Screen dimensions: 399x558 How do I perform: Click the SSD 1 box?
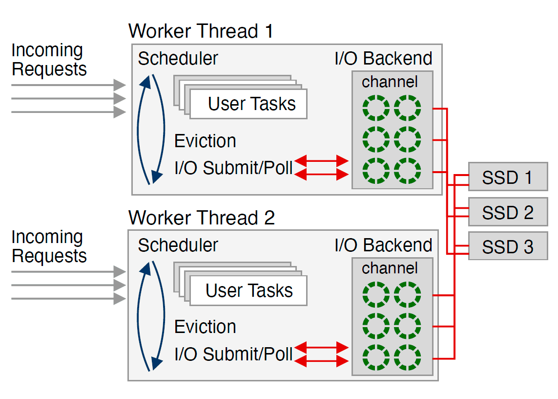pos(507,177)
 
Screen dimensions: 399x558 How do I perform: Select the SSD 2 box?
pos(507,212)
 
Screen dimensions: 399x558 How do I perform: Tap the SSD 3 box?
pos(507,247)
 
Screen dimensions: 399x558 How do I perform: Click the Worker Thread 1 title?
pos(201,31)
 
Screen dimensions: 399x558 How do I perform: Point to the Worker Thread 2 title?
pos(201,217)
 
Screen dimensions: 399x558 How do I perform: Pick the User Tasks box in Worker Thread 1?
pos(251,104)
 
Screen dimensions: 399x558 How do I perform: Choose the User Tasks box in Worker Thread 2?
pos(249,290)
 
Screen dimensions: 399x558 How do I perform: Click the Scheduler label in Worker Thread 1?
pos(178,58)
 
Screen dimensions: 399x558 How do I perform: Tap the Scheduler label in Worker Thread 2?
pos(178,245)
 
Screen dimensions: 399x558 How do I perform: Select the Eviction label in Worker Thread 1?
pos(205,141)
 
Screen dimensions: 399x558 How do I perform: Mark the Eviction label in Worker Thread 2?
pos(205,327)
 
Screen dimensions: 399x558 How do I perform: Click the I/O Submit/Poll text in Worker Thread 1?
pos(233,168)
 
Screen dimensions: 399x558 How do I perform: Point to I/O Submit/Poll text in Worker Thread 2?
pos(233,354)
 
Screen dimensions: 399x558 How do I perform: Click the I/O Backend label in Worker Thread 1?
pos(383,58)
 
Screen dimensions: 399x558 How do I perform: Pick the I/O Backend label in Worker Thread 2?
pos(383,245)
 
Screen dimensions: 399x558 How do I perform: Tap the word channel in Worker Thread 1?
pos(390,82)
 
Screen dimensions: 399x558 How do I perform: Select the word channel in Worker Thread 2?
pos(390,268)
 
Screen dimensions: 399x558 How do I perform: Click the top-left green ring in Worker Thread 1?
pos(376,108)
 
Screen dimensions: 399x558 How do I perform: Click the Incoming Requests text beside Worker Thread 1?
pos(49,60)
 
